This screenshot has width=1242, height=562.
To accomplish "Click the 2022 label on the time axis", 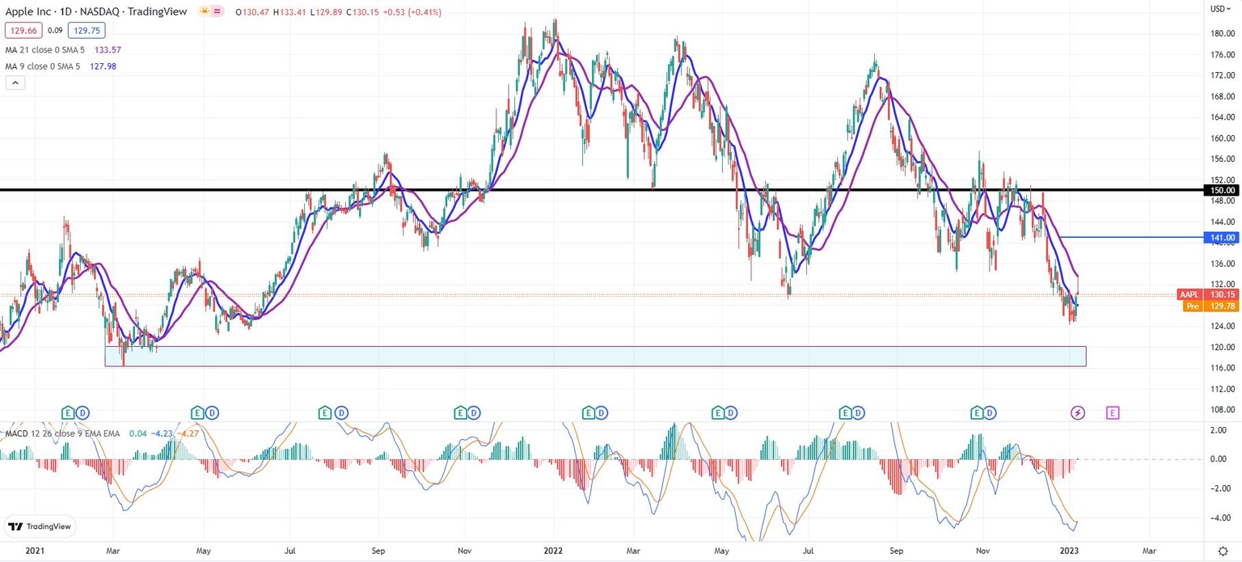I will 553,550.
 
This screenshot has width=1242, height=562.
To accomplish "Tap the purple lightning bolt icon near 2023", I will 1078,413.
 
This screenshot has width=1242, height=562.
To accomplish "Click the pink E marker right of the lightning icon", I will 1113,413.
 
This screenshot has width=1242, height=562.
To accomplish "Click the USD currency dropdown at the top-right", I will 1218,9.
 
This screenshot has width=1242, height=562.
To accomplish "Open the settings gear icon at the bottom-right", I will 1223,550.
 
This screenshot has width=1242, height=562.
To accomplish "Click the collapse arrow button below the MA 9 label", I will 15,82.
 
